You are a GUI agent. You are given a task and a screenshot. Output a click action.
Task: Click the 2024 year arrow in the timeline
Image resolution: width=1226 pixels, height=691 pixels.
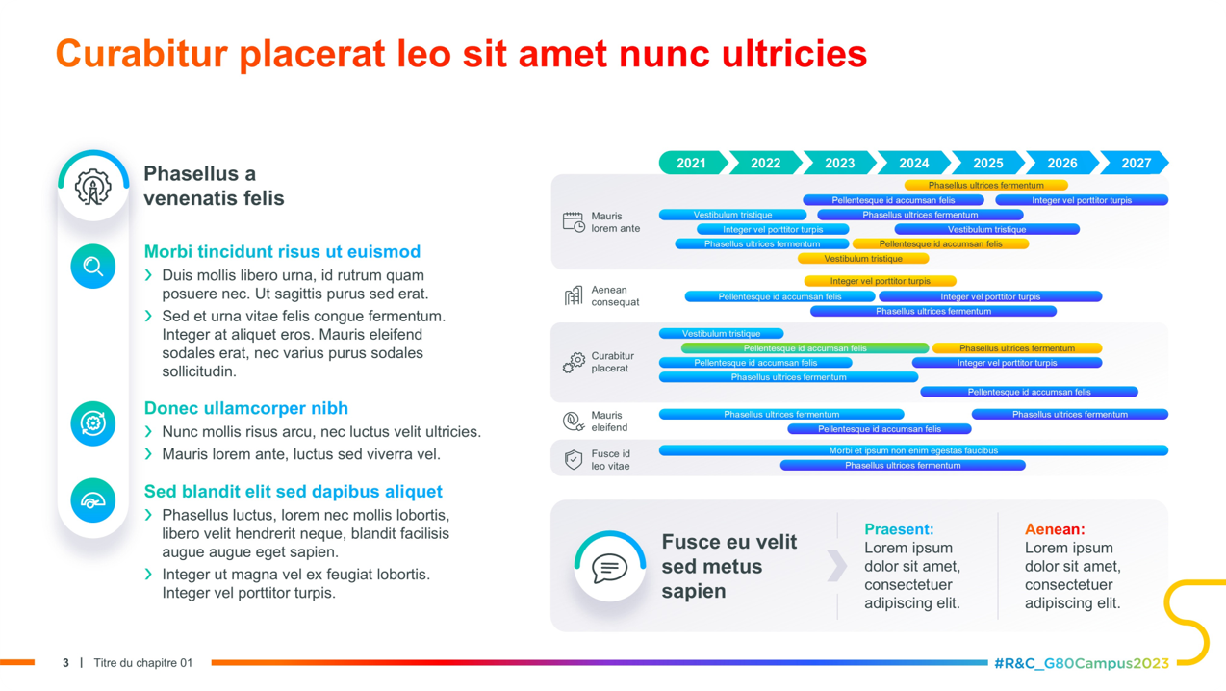[913, 163]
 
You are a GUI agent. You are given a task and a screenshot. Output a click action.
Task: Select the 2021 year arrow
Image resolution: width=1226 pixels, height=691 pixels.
[691, 163]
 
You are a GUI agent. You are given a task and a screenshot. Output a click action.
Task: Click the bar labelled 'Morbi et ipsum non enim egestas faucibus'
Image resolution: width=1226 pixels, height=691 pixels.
[912, 450]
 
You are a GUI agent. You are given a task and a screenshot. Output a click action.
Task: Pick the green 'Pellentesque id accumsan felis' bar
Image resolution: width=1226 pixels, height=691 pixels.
[805, 348]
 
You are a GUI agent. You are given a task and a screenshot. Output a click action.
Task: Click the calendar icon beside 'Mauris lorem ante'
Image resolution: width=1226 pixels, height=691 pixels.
[574, 222]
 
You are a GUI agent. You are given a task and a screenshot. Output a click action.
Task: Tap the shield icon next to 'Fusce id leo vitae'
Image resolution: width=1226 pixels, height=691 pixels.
[574, 460]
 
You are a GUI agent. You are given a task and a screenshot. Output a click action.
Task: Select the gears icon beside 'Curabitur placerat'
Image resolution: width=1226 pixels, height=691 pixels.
[574, 363]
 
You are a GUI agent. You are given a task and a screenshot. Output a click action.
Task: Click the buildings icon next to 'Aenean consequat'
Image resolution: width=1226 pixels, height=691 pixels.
[574, 295]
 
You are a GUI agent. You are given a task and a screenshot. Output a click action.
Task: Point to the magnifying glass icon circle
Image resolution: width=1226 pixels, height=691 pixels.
[93, 266]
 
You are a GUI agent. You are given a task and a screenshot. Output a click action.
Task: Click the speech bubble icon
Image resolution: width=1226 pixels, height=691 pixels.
[609, 567]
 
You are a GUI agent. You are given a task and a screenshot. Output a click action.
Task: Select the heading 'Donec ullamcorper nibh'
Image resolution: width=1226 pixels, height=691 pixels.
[246, 408]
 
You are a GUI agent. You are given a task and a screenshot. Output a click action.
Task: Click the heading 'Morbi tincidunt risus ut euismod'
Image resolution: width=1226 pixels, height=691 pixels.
[282, 252]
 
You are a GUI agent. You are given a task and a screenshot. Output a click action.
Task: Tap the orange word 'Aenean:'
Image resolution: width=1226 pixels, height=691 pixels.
[1055, 529]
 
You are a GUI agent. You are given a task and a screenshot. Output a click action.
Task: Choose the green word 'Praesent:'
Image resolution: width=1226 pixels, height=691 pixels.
[899, 529]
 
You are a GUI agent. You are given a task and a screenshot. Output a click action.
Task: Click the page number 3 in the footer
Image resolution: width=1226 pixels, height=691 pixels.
[65, 663]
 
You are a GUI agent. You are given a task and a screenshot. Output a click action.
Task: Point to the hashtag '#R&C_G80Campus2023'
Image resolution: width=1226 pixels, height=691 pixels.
[1081, 663]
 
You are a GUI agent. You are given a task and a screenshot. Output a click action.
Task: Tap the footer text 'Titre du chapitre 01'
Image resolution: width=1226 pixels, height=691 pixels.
[143, 663]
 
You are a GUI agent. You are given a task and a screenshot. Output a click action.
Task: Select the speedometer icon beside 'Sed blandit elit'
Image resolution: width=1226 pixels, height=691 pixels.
[93, 499]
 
